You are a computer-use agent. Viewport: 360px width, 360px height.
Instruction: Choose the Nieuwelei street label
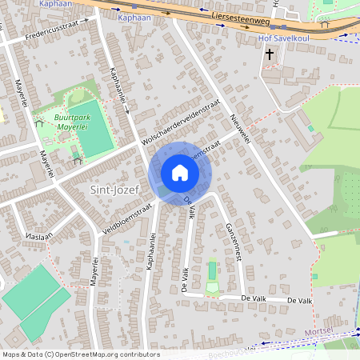point(241,127)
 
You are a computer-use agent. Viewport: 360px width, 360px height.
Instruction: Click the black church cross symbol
point(269,54)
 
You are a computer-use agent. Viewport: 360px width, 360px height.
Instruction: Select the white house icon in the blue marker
point(180,172)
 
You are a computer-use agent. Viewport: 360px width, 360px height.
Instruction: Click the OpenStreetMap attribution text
point(80,354)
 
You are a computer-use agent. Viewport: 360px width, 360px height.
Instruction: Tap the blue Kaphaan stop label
point(133,17)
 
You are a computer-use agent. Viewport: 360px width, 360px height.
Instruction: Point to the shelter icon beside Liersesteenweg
point(324,24)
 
